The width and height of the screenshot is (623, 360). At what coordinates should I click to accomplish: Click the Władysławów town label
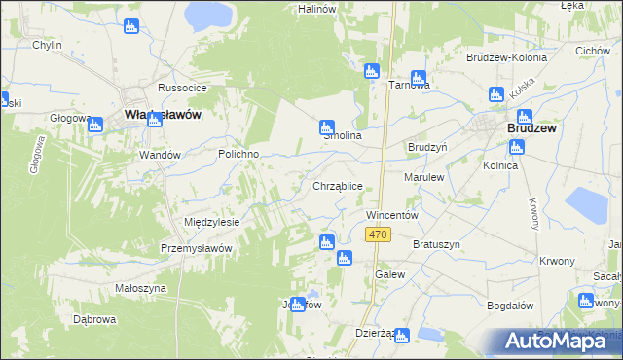tap(163, 115)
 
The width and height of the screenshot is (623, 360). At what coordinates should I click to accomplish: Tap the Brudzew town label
tap(530, 127)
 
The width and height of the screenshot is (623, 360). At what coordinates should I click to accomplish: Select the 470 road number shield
tap(379, 235)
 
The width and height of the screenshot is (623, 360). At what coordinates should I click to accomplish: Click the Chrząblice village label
tap(338, 185)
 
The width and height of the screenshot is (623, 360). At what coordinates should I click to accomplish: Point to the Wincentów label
tap(391, 214)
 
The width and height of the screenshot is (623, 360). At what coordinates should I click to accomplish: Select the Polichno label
tap(238, 155)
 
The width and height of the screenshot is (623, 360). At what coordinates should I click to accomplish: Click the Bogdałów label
tap(510, 306)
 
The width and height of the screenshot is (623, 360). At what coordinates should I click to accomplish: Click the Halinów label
tap(316, 8)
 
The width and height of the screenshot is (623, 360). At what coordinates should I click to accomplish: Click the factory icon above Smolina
tap(327, 126)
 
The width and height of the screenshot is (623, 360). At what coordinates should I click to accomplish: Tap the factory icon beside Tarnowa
tap(419, 77)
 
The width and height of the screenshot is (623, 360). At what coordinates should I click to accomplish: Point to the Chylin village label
tap(47, 45)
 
